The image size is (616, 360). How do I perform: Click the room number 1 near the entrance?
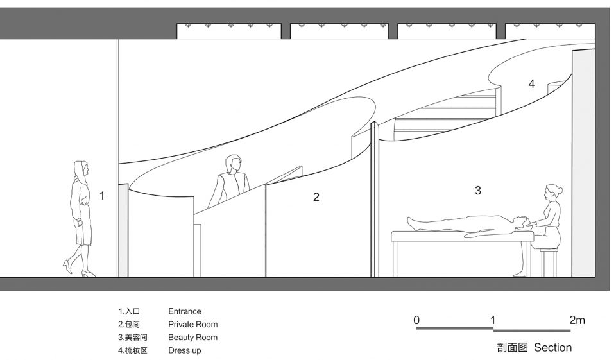[x=102, y=195]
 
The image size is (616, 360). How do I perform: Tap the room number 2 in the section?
[x=316, y=197]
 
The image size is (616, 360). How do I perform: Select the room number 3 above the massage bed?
[x=477, y=191]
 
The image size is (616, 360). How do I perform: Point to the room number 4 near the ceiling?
[x=531, y=83]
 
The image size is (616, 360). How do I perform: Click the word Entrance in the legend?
[x=185, y=311]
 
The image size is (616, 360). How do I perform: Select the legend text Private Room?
[x=193, y=324]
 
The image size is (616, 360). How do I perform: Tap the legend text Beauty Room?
[x=193, y=337]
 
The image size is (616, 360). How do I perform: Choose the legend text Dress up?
[x=185, y=350]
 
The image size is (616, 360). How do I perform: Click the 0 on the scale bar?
[x=417, y=320]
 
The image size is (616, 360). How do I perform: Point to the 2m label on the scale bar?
[x=577, y=320]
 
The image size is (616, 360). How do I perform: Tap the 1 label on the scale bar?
[x=493, y=320]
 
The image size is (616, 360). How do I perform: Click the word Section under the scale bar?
[x=552, y=347]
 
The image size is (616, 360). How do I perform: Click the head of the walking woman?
[x=81, y=169]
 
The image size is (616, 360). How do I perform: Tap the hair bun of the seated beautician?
[x=560, y=191]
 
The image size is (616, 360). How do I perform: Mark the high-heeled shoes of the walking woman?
[x=78, y=270]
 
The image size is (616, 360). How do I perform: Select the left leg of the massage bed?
[x=395, y=259]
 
